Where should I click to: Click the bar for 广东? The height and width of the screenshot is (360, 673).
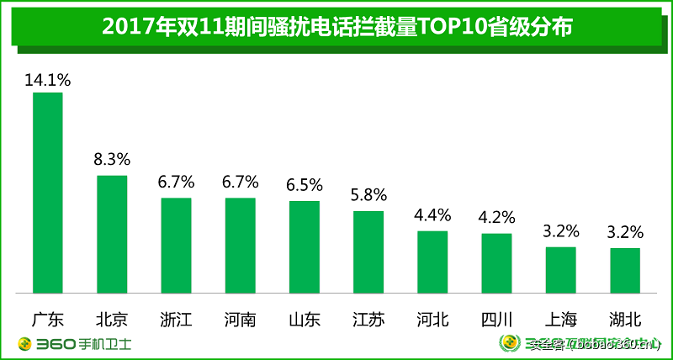tap(48, 193)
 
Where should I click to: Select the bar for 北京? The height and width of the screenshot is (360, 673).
tap(112, 234)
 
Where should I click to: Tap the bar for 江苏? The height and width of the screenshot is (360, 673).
tap(368, 251)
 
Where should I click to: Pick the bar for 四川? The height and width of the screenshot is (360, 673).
tap(496, 262)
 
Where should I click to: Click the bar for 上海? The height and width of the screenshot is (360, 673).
tap(560, 269)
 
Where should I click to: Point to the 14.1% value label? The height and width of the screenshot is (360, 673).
tap(48, 81)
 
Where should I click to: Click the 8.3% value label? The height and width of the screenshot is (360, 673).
tap(112, 160)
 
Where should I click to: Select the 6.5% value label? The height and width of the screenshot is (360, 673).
tap(304, 185)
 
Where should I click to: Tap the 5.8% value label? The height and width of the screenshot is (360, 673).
tap(368, 195)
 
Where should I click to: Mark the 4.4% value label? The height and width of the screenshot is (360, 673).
tap(432, 214)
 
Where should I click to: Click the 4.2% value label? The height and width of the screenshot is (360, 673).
tap(496, 217)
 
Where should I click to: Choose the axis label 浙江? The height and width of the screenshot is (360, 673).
tap(176, 320)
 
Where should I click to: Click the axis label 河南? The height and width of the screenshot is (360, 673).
tap(240, 320)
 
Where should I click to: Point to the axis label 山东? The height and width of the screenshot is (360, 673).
tap(304, 320)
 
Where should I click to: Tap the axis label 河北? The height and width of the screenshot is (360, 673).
tap(432, 320)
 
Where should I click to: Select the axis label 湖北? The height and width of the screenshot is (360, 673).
tap(625, 320)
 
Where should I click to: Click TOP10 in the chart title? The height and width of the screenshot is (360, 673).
tap(445, 27)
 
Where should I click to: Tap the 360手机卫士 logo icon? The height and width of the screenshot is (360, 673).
tap(24, 344)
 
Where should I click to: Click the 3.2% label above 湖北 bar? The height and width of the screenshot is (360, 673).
tap(625, 230)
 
